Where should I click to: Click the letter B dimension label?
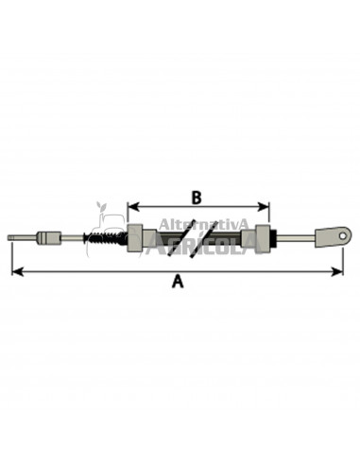[x=197, y=198]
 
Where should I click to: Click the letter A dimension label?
[x=178, y=281]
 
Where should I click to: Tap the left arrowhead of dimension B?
[x=133, y=207]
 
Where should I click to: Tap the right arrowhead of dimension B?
[x=264, y=207]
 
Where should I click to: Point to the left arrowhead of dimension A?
[x=18, y=271]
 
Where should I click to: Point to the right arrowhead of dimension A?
[x=336, y=271]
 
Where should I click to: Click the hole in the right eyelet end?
[x=343, y=235]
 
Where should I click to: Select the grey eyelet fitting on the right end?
[x=334, y=236]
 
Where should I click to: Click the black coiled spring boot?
[x=105, y=238]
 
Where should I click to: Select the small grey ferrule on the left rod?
[x=49, y=238]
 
